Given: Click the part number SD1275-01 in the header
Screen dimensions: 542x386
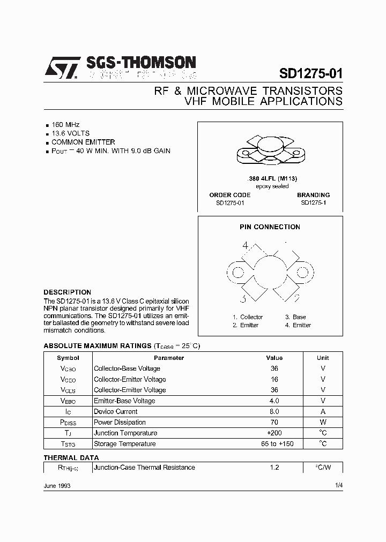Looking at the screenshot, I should (311, 73).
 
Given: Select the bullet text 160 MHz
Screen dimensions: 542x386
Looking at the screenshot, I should (65, 124).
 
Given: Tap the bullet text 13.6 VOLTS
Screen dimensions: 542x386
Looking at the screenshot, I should (70, 133).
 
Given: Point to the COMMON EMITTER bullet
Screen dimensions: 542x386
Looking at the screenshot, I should (83, 142).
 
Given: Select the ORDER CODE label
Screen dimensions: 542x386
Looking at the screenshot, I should (229, 195).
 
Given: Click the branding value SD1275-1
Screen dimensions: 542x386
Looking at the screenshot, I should (313, 203).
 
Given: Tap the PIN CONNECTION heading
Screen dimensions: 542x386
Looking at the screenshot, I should (270, 227).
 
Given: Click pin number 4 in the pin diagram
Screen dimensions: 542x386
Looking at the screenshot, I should (246, 246).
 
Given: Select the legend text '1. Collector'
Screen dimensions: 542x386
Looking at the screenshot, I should (248, 317).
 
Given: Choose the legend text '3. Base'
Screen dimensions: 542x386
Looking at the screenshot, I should (295, 317).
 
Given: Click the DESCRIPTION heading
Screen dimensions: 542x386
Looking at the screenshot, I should (67, 292).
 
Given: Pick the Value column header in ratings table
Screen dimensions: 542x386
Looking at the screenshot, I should (274, 358).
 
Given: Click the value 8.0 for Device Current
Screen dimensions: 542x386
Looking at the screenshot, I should (274, 411).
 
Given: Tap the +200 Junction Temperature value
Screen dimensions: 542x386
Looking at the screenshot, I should (274, 433).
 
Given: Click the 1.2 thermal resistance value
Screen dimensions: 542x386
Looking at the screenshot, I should (274, 468).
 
